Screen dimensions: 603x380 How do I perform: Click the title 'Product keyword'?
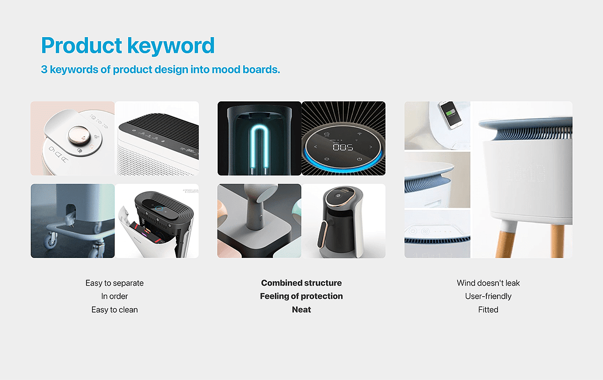(x=128, y=46)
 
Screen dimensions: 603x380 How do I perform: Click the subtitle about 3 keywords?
(x=160, y=69)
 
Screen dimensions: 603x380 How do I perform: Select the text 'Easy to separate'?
(x=115, y=283)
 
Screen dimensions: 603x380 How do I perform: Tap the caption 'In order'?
(x=115, y=296)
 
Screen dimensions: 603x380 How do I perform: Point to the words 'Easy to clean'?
(x=115, y=310)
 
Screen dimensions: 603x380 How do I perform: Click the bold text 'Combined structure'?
(x=301, y=283)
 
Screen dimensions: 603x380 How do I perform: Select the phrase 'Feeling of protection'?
(x=301, y=296)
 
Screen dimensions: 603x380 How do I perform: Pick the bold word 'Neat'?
(x=301, y=310)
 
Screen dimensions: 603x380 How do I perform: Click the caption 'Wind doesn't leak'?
(x=488, y=283)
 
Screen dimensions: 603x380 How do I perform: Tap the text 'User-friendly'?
(x=488, y=296)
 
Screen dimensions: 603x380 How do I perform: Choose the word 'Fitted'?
(x=488, y=310)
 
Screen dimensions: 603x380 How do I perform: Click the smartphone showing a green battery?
(x=450, y=114)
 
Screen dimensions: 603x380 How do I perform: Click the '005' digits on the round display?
(x=343, y=147)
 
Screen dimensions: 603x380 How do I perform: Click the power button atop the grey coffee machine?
(x=338, y=195)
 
